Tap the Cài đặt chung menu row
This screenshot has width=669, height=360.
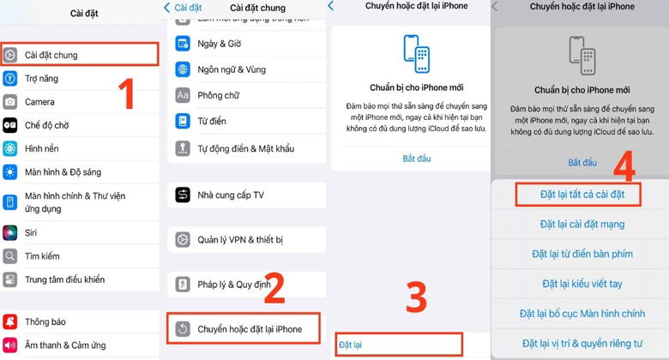77,55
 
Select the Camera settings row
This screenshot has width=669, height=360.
39,101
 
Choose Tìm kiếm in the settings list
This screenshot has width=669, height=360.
42,255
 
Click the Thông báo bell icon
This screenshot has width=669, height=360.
10,322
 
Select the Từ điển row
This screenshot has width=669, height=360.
211,122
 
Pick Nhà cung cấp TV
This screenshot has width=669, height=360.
230,195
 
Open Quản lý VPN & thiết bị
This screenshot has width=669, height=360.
240,239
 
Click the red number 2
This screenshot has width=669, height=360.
274,289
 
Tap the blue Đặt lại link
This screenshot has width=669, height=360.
351,345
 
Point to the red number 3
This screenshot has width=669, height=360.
415,297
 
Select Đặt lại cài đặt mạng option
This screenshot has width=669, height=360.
582,225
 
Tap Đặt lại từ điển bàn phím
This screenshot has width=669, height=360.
582,254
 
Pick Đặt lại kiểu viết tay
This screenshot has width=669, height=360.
582,284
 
